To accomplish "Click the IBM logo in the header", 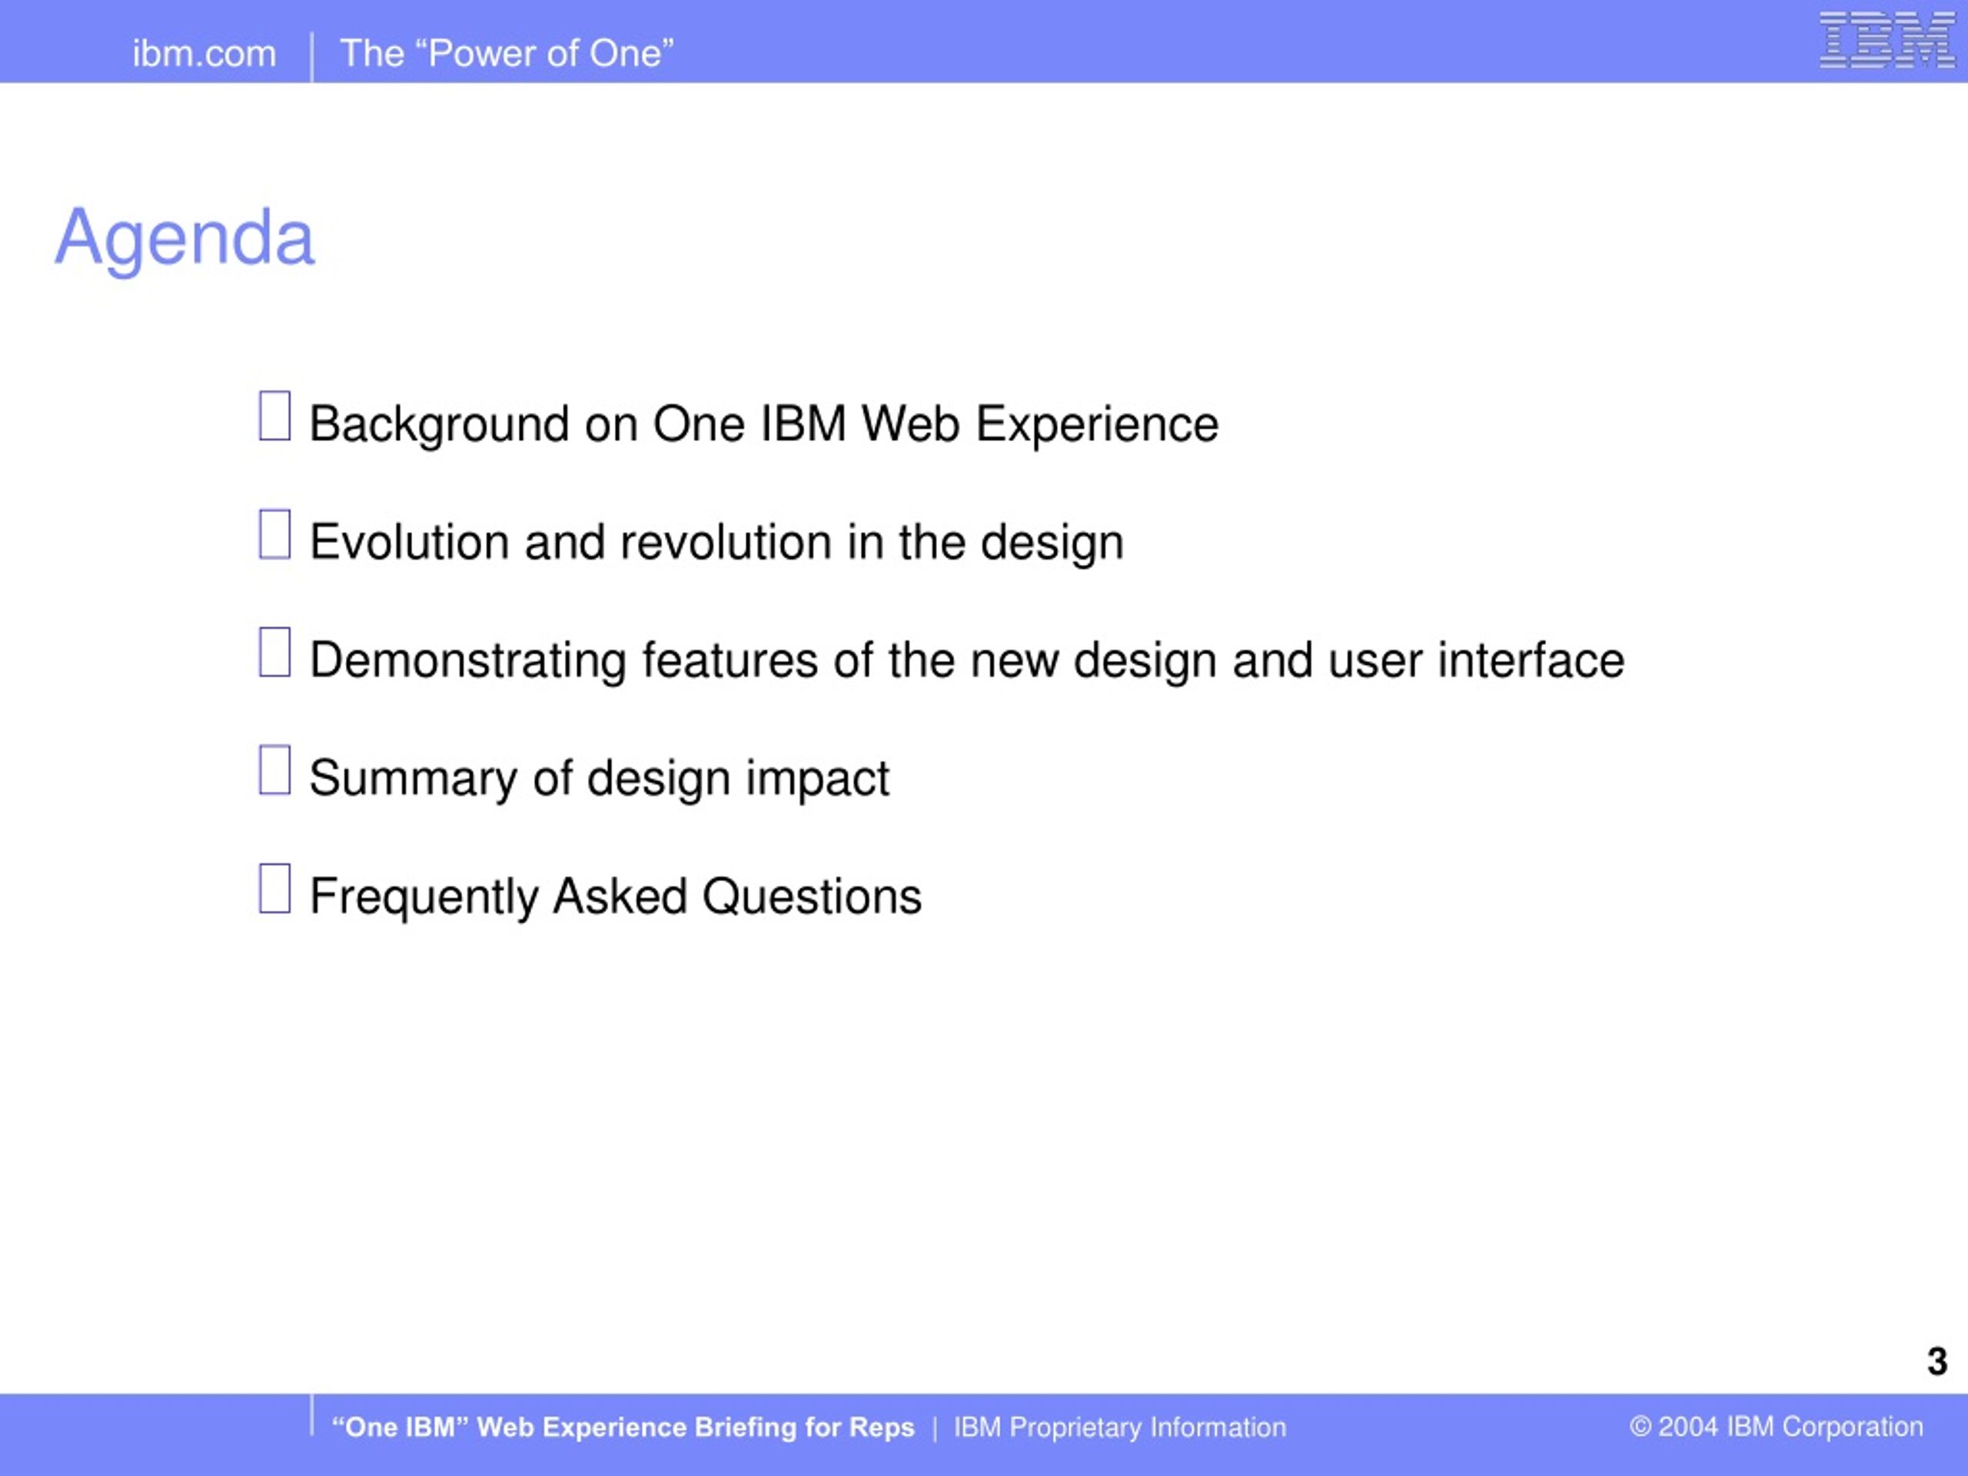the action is coord(1887,40).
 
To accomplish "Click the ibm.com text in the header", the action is coord(204,53).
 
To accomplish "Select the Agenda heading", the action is coord(185,238).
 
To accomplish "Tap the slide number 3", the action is coord(1936,1361).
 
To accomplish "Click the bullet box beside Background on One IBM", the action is coord(274,415).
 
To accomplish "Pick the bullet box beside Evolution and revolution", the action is coord(274,534).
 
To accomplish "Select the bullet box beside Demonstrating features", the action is coord(274,652).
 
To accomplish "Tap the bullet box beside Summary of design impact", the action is coord(274,770).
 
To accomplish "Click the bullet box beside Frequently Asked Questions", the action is coord(274,888).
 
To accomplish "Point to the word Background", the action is coord(440,425).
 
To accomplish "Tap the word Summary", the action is coord(414,780).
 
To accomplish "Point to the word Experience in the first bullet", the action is coord(1097,425).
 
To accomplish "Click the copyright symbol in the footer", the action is coord(1640,1427).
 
